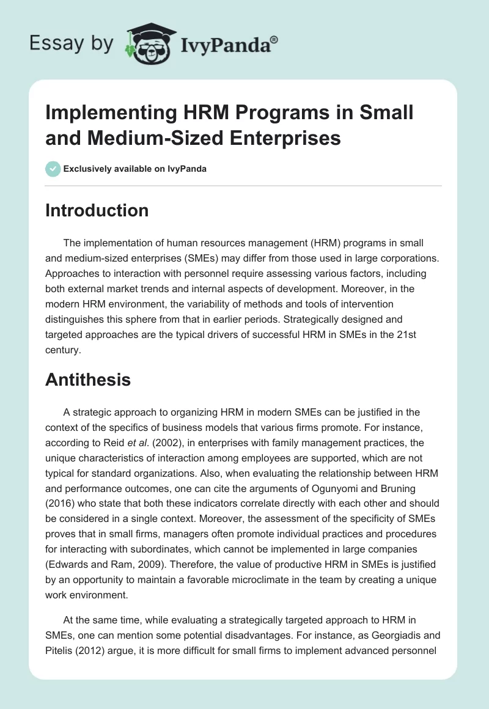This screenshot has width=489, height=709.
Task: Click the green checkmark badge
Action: tap(53, 169)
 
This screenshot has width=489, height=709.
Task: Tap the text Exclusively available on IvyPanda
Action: tap(135, 169)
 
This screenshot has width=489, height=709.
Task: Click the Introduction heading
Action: tap(97, 210)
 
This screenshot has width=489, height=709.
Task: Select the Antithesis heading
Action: tap(88, 380)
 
